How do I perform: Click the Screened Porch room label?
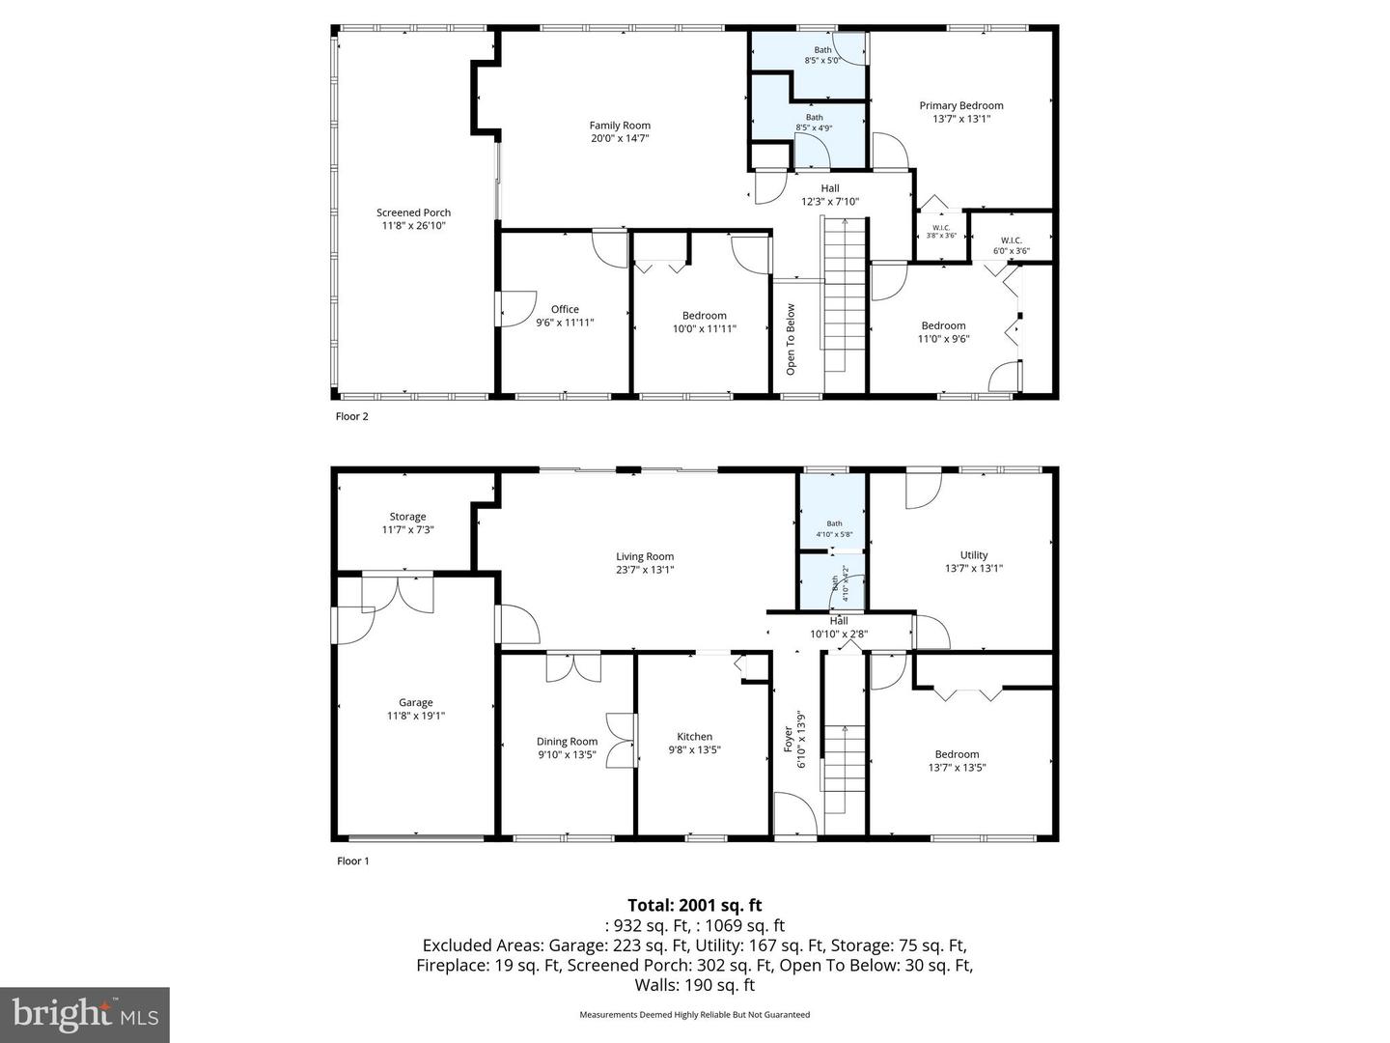pyautogui.click(x=413, y=212)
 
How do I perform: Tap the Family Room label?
pyautogui.click(x=620, y=126)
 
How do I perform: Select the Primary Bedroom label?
pyautogui.click(x=960, y=106)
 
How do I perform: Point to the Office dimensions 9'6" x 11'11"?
pyautogui.click(x=565, y=323)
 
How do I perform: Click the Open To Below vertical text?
pyautogui.click(x=791, y=339)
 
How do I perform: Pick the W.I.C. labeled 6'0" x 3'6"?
pyautogui.click(x=1011, y=245)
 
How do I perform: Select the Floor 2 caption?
pyautogui.click(x=351, y=417)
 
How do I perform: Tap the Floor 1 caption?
pyautogui.click(x=351, y=861)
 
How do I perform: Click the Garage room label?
pyautogui.click(x=416, y=703)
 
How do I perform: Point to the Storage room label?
pyautogui.click(x=407, y=517)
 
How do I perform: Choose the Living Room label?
pyautogui.click(x=645, y=556)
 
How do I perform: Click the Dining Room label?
pyautogui.click(x=567, y=742)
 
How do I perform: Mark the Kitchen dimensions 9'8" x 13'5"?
pyautogui.click(x=694, y=749)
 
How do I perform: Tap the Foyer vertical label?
pyautogui.click(x=788, y=740)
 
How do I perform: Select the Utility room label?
pyautogui.click(x=973, y=555)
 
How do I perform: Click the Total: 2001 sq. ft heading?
pyautogui.click(x=694, y=905)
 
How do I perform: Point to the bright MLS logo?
pyautogui.click(x=85, y=1014)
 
